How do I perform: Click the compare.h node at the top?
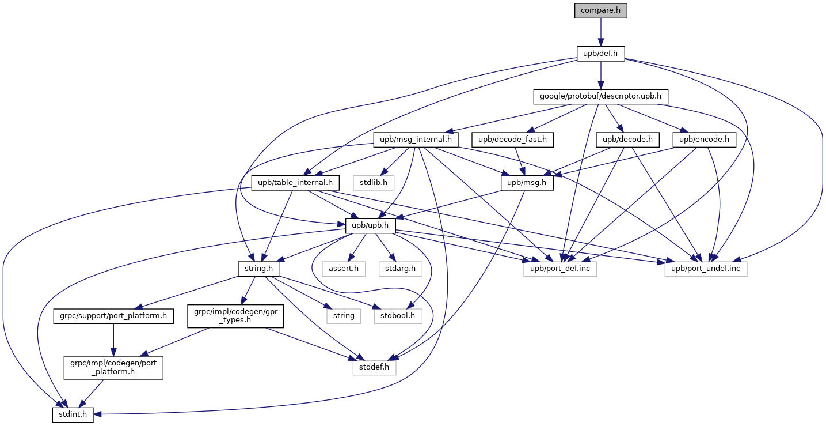pyautogui.click(x=600, y=11)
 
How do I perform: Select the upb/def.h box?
pyautogui.click(x=600, y=54)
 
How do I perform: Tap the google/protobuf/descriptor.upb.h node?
pyautogui.click(x=600, y=96)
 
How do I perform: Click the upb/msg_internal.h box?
pyautogui.click(x=416, y=139)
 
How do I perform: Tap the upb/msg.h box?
pyautogui.click(x=527, y=183)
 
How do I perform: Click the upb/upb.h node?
pyautogui.click(x=371, y=226)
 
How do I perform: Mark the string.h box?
pyautogui.click(x=258, y=269)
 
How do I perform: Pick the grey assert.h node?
pyautogui.click(x=343, y=269)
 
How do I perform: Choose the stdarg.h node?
pyautogui.click(x=398, y=269)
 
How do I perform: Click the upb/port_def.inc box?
pyautogui.click(x=559, y=269)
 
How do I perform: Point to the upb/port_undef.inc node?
pyautogui.click(x=706, y=269)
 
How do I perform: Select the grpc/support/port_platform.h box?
pyautogui.click(x=113, y=316)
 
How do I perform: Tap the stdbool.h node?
pyautogui.click(x=398, y=316)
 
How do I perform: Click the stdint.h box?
pyautogui.click(x=73, y=414)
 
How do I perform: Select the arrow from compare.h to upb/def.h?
pyautogui.click(x=600, y=32)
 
